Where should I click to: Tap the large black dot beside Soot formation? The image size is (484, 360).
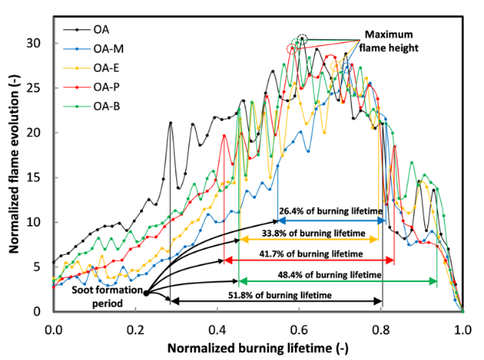click(146, 294)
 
